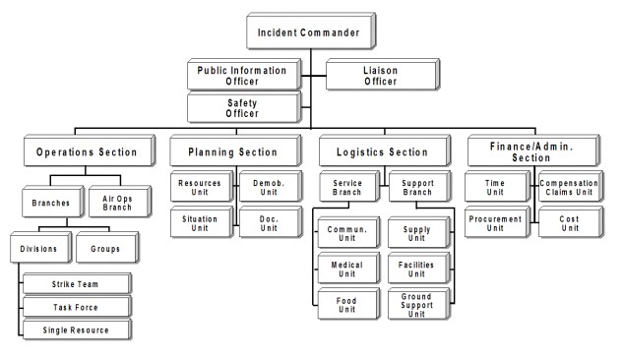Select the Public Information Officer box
coord(241,75)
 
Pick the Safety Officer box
coord(241,106)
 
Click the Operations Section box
coord(87,152)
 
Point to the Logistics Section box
coord(376,152)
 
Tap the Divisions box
coord(39,249)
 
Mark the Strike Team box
coord(75,285)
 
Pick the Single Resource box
coord(75,330)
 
